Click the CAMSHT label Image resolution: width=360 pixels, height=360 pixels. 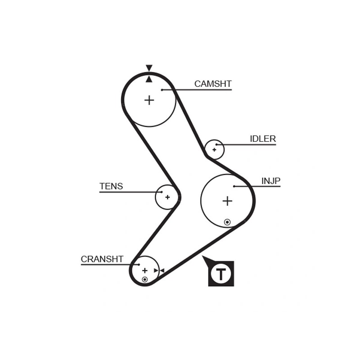pyautogui.click(x=213, y=84)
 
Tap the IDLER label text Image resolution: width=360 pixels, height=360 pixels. pyautogui.click(x=263, y=139)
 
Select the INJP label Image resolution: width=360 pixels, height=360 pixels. pyautogui.click(x=271, y=181)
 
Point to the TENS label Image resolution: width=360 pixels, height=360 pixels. pyautogui.click(x=111, y=186)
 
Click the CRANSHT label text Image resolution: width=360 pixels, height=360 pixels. pyautogui.click(x=102, y=259)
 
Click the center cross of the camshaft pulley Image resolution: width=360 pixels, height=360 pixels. pyautogui.click(x=149, y=100)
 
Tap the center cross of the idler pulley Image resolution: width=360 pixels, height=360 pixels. pyautogui.click(x=214, y=150)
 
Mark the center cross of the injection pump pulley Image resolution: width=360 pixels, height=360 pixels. pyautogui.click(x=227, y=201)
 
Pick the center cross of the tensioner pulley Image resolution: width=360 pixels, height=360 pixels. pyautogui.click(x=167, y=197)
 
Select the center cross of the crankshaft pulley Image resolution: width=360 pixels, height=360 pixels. pyautogui.click(x=144, y=270)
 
